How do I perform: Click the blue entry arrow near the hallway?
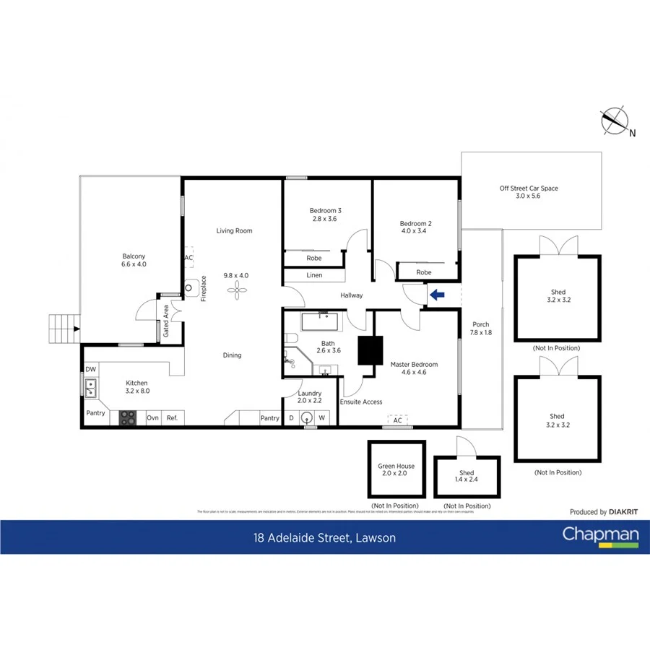pyautogui.click(x=436, y=294)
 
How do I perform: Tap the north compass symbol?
pyautogui.click(x=615, y=121)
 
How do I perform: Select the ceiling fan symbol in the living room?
pyautogui.click(x=236, y=289)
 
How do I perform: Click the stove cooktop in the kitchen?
pyautogui.click(x=127, y=417)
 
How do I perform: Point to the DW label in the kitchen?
pyautogui.click(x=90, y=369)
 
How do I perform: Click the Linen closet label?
pyautogui.click(x=314, y=275)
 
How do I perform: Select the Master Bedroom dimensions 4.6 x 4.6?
pyautogui.click(x=410, y=373)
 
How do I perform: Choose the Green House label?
pyautogui.click(x=396, y=467)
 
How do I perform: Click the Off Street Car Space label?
pyautogui.click(x=529, y=188)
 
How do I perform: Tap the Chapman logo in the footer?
pyautogui.click(x=600, y=536)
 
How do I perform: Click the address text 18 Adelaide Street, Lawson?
pyautogui.click(x=324, y=538)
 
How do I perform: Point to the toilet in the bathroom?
pyautogui.click(x=290, y=339)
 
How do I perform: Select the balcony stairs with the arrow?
pyautogui.click(x=63, y=329)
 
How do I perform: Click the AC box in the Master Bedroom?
pyautogui.click(x=397, y=420)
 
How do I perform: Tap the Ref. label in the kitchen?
pyautogui.click(x=172, y=417)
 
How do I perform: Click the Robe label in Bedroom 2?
pyautogui.click(x=424, y=272)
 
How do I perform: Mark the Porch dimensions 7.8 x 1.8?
pyautogui.click(x=480, y=333)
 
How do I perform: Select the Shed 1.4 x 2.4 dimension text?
pyautogui.click(x=467, y=481)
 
